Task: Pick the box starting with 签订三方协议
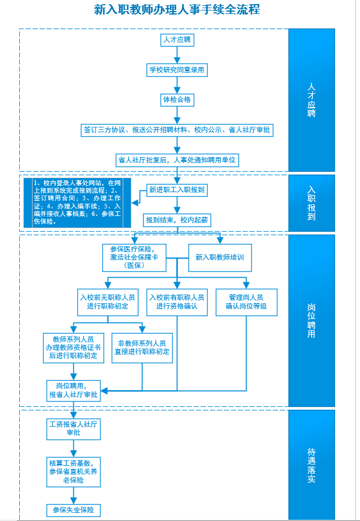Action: point(177,130)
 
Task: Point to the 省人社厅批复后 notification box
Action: point(178,160)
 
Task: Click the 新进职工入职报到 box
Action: point(177,190)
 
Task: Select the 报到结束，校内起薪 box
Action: point(177,219)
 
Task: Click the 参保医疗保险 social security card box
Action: point(134,257)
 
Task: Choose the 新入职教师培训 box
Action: point(220,257)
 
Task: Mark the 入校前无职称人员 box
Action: point(108,302)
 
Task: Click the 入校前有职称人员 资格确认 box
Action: point(177,302)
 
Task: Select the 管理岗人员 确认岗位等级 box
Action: point(246,302)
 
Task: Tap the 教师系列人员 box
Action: point(73,348)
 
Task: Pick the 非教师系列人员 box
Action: point(142,348)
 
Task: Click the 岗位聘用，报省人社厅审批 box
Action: point(73,391)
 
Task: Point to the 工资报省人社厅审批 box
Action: point(73,429)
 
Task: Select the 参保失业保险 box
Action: point(73,511)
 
